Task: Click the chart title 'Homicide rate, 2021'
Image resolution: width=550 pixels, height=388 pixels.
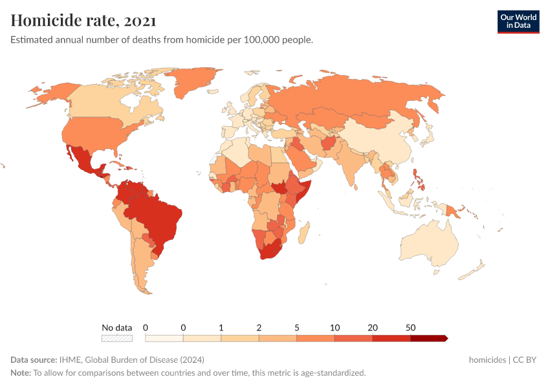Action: tap(83, 20)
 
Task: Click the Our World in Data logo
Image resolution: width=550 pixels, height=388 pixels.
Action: tap(518, 21)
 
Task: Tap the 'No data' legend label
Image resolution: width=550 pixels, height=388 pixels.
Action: tap(116, 328)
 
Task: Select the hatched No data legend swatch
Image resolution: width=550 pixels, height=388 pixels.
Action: tap(116, 338)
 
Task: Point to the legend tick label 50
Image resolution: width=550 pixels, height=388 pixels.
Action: tap(410, 328)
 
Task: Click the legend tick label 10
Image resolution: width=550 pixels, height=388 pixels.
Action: tap(335, 328)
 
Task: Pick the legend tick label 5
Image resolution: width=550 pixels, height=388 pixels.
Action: tap(297, 328)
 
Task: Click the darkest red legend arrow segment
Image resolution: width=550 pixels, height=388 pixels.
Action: tap(428, 338)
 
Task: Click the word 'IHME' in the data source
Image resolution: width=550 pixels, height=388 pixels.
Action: tap(70, 360)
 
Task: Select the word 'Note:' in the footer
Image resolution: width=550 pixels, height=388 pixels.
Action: tap(21, 373)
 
